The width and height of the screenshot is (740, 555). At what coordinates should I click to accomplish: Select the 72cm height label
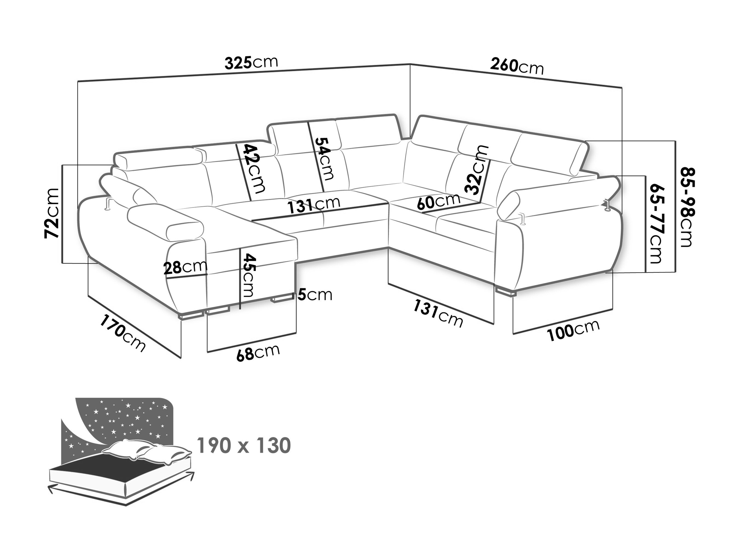coord(52,213)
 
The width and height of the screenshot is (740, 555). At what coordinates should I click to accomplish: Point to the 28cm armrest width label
coord(185,267)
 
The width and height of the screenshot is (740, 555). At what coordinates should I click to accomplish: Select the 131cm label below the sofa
coord(438,313)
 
